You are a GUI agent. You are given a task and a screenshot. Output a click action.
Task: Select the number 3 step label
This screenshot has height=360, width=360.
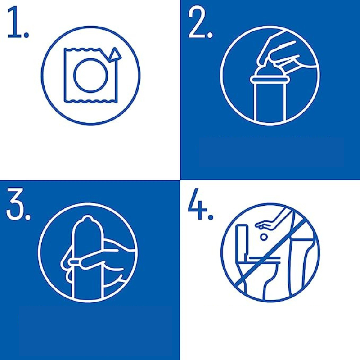15,203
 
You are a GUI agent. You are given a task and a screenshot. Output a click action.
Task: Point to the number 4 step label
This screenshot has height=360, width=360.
198,203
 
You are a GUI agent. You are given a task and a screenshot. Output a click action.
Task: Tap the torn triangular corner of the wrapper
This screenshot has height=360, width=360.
114,54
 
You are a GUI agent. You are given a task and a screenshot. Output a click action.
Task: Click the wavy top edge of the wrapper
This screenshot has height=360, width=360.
82,49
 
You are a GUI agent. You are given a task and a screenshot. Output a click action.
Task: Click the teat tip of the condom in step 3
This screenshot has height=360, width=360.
87,218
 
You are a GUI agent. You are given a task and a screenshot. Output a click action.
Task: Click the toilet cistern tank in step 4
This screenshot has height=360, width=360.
242,239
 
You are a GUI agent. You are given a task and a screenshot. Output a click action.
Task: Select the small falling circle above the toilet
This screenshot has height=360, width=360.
264,237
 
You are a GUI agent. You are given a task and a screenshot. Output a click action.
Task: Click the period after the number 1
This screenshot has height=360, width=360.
27,35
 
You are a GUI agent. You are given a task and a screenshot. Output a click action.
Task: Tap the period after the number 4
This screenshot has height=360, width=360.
210,216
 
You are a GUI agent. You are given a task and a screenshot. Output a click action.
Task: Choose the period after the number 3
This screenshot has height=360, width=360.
27,216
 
